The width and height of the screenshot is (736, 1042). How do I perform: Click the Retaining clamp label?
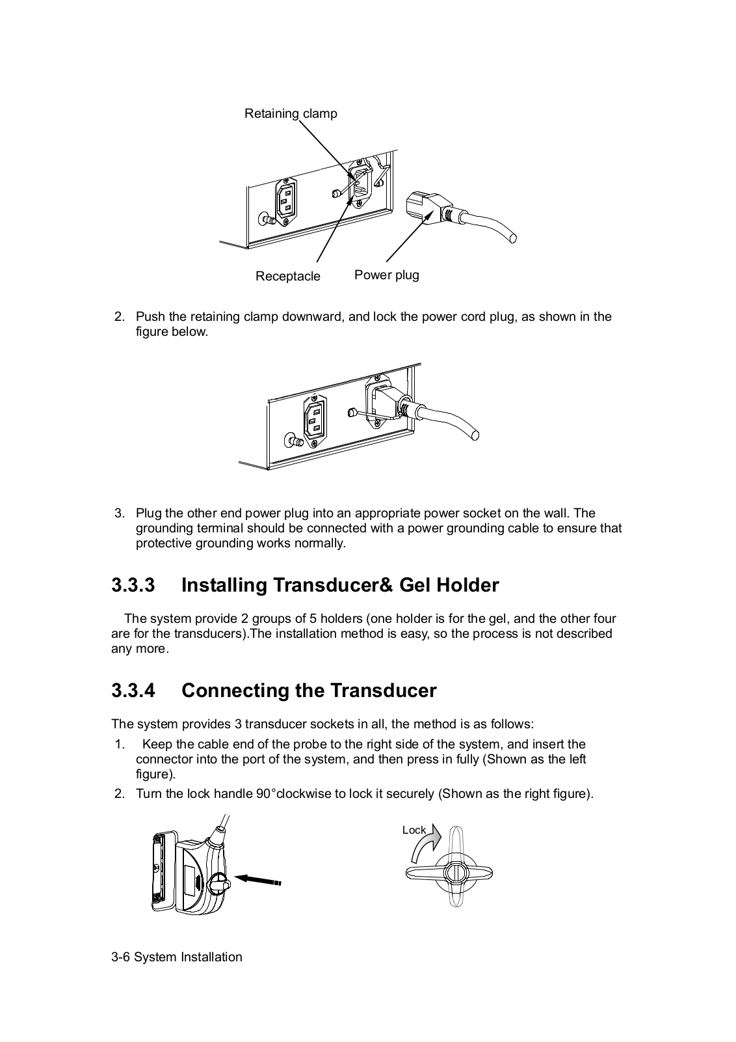point(291,114)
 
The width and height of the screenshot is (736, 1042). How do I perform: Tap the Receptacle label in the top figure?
point(287,277)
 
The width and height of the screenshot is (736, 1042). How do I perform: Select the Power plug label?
point(386,275)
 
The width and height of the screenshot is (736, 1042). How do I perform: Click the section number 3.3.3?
point(133,585)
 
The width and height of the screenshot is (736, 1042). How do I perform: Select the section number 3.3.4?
point(133,691)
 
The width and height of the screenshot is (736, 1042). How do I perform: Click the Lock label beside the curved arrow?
point(414,830)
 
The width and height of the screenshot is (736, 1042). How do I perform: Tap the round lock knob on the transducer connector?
point(219,883)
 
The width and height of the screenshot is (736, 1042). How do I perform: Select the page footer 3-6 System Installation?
point(177,957)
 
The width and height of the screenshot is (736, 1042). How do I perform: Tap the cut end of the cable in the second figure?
point(475,434)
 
